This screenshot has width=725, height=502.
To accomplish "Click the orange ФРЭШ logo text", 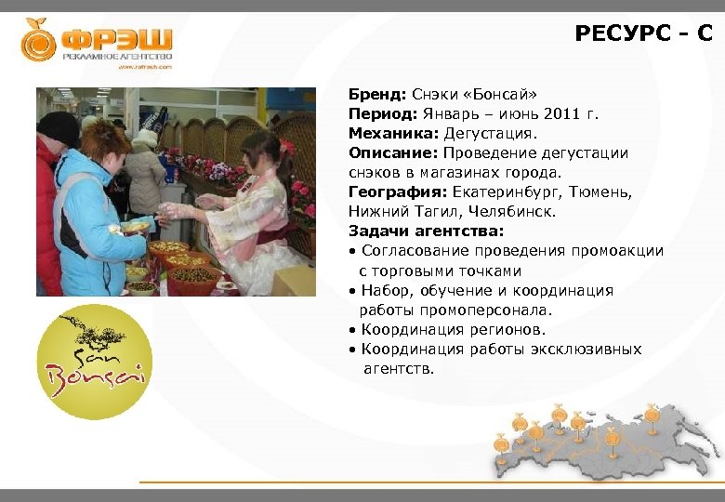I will (x=116, y=40).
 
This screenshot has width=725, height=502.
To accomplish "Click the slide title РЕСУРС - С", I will (x=643, y=34).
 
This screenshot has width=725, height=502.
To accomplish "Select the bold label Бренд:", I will (x=376, y=95).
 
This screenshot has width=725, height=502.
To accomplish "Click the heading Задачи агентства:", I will (x=426, y=231).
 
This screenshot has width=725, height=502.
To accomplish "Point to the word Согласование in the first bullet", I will (x=415, y=251).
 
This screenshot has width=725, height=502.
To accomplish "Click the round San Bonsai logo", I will (x=94, y=362).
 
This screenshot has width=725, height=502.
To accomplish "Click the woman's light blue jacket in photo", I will (x=88, y=223).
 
